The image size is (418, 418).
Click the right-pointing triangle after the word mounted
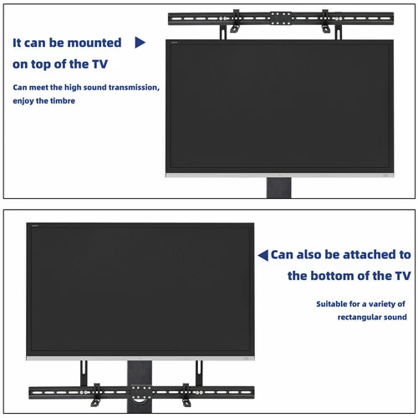click(140, 42)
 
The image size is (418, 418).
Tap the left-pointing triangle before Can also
click(263, 255)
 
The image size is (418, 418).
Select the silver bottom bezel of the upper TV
click(278, 175)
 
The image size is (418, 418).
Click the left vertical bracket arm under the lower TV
click(83, 373)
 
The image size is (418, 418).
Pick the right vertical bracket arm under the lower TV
click(199, 373)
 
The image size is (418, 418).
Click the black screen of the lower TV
click(140, 288)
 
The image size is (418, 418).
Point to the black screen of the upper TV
click(278, 104)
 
